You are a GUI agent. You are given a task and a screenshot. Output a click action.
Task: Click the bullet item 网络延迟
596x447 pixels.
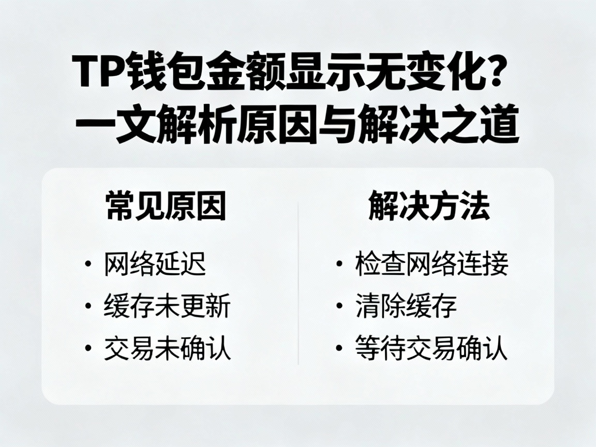coord(155,264)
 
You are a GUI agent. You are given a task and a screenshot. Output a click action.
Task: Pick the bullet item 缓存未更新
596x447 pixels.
coord(167,306)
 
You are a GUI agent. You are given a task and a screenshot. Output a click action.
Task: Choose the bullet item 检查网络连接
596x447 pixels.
coord(431,264)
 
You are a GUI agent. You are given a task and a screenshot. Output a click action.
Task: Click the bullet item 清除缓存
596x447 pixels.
coord(406,306)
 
